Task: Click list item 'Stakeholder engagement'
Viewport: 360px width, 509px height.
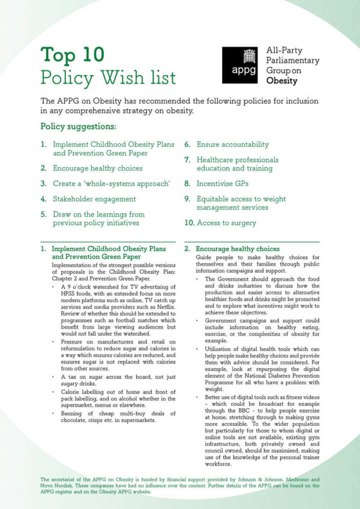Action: pos(94,198)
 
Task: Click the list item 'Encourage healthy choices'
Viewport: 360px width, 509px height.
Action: pos(97,168)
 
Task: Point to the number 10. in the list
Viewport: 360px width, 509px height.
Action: pos(189,223)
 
